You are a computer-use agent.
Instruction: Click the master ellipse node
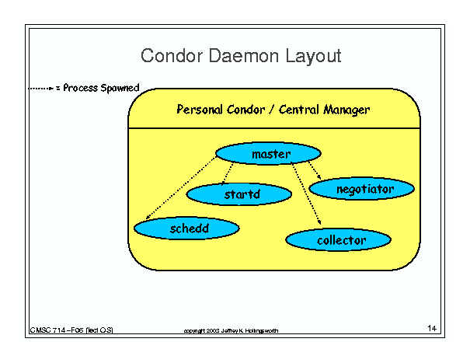click(x=268, y=153)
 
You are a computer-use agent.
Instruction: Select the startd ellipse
click(x=239, y=194)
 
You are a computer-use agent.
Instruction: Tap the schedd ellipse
click(x=186, y=229)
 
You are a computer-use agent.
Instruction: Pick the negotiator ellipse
click(x=362, y=189)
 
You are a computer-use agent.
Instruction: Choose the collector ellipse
click(x=339, y=239)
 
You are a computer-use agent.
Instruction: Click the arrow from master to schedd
click(x=181, y=188)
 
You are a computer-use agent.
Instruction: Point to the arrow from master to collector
click(x=306, y=194)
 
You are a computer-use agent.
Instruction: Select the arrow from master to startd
click(x=228, y=173)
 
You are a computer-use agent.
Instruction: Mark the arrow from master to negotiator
click(x=315, y=170)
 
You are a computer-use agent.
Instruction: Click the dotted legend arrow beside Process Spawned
click(x=40, y=88)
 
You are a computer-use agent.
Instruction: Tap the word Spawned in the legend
click(x=120, y=88)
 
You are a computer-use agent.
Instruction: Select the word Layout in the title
click(x=313, y=56)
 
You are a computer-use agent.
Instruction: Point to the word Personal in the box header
click(x=200, y=109)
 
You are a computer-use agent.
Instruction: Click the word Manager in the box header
click(x=346, y=110)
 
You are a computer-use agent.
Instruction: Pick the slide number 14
click(x=432, y=328)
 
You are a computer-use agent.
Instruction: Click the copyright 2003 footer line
click(x=231, y=330)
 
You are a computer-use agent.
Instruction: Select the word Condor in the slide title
click(x=172, y=56)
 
